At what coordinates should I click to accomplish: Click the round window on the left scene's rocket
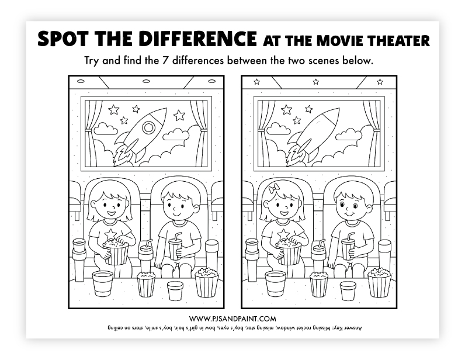pyautogui.click(x=148, y=127)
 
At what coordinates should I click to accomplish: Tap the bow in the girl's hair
pyautogui.click(x=274, y=188)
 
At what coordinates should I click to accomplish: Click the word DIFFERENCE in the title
pyautogui.click(x=197, y=39)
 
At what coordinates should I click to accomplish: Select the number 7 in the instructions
pyautogui.click(x=165, y=61)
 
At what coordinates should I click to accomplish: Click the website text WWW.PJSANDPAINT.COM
pyautogui.click(x=232, y=319)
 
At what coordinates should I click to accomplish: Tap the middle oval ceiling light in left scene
pyautogui.click(x=146, y=81)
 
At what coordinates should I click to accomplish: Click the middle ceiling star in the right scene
pyautogui.click(x=316, y=82)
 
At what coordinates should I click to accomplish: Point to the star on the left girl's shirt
pyautogui.click(x=110, y=234)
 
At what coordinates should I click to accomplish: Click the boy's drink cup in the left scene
pyautogui.click(x=175, y=249)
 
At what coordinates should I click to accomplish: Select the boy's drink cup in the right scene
pyautogui.click(x=348, y=249)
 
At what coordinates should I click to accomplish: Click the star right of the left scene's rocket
pyautogui.click(x=179, y=115)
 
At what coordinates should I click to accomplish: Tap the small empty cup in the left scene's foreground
pyautogui.click(x=175, y=290)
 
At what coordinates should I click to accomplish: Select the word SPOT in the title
pyautogui.click(x=63, y=39)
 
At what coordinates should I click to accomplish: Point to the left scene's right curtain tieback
pyautogui.click(x=203, y=129)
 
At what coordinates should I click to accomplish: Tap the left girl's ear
pyautogui.click(x=93, y=204)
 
